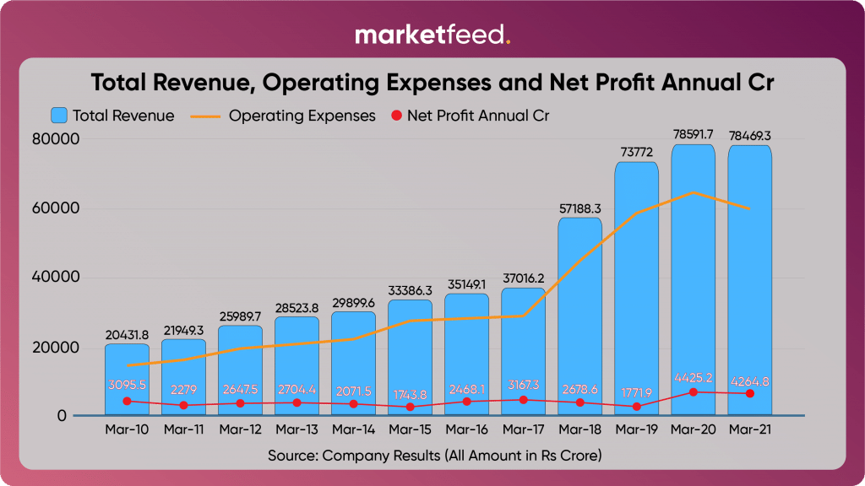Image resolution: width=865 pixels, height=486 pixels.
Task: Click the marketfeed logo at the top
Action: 432,35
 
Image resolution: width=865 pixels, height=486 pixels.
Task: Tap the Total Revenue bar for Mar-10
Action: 127,380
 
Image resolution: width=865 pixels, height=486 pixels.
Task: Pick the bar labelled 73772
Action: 636,287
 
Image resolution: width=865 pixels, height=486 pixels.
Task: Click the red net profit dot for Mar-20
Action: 694,392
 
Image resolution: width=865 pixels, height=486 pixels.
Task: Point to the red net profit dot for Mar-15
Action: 411,407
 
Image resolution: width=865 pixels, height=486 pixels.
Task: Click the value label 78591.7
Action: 693,135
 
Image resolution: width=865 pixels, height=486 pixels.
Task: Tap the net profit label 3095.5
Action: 127,385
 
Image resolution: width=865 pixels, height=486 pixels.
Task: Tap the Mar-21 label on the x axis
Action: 749,429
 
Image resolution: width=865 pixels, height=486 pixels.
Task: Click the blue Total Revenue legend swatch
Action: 59,116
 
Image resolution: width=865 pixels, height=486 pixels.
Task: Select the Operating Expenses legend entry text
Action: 302,116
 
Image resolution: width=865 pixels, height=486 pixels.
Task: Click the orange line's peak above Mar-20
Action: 694,193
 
